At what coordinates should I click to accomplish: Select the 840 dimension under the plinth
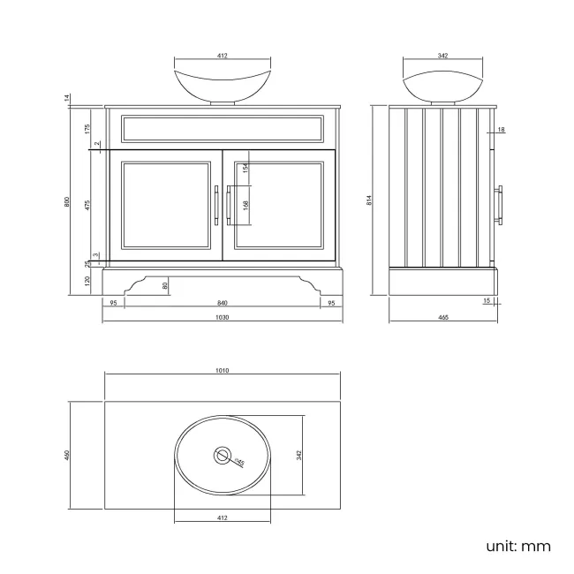click(x=222, y=302)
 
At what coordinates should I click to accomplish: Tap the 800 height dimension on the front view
click(x=68, y=201)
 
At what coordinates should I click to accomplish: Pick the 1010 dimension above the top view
click(x=222, y=371)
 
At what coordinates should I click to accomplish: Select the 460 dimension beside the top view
click(x=68, y=455)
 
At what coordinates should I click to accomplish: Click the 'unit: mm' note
click(x=517, y=546)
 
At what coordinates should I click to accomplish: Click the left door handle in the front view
click(x=215, y=205)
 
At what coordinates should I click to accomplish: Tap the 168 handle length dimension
click(x=246, y=205)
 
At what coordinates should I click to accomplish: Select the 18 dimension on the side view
click(x=500, y=130)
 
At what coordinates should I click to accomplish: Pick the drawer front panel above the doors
click(x=222, y=128)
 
